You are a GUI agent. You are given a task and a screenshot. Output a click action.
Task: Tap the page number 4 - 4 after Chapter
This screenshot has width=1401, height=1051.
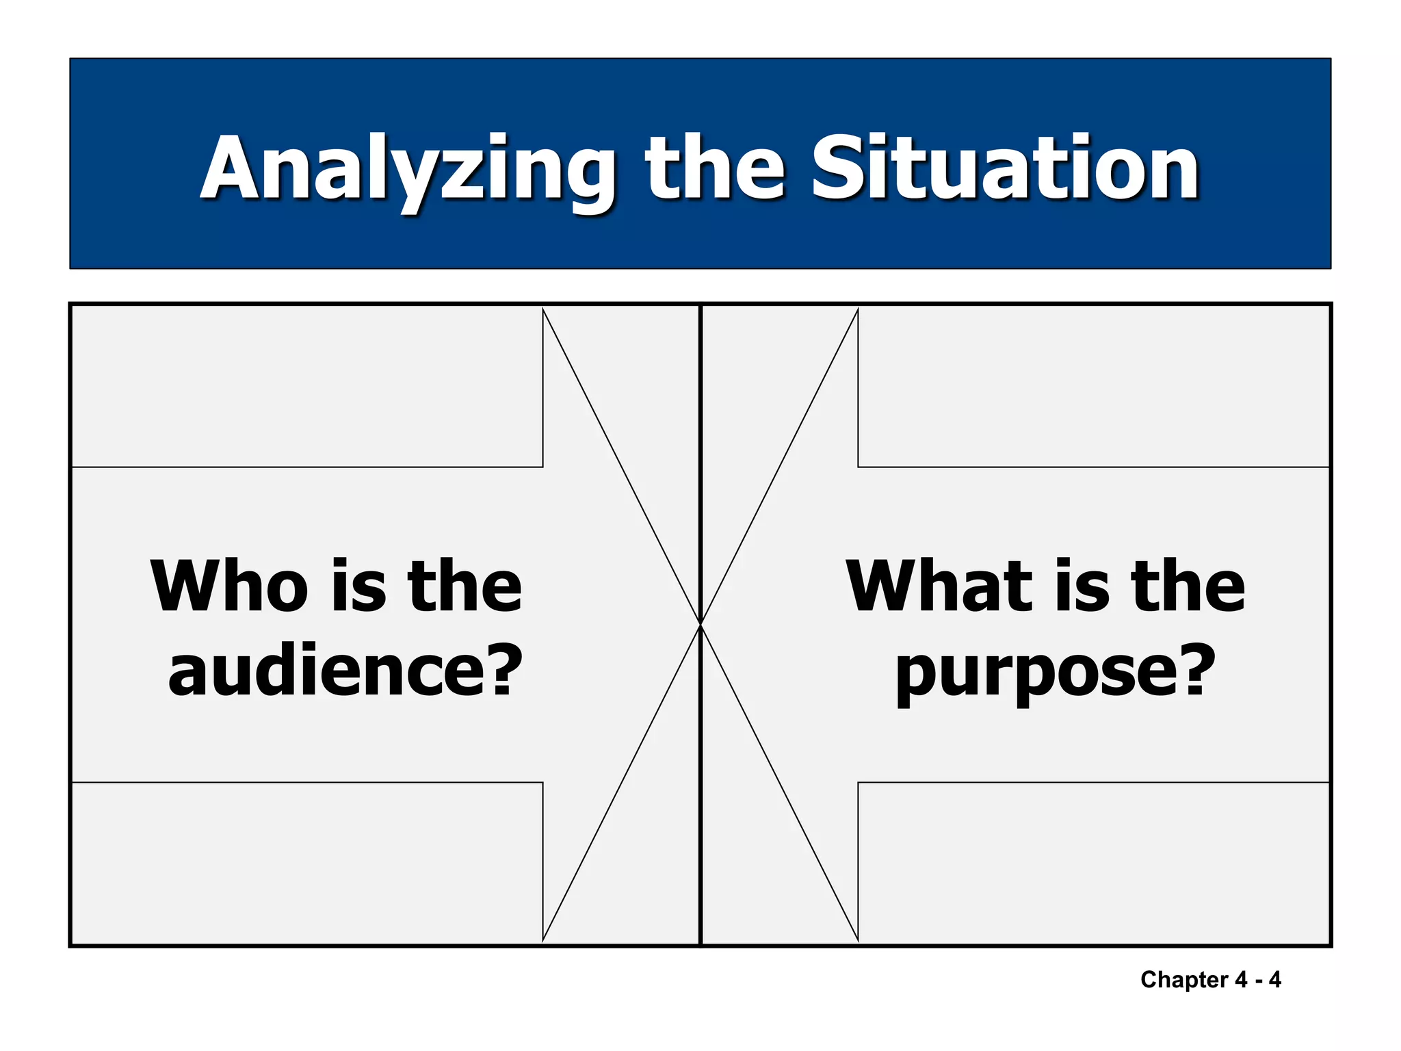coord(1258,980)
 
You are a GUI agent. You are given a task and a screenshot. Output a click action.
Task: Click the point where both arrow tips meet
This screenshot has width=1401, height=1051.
coord(700,624)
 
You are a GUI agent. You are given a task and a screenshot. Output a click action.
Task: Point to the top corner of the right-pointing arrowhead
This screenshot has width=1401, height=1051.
coord(543,309)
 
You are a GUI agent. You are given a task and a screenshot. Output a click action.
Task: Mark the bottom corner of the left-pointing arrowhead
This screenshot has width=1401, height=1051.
coord(858,940)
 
